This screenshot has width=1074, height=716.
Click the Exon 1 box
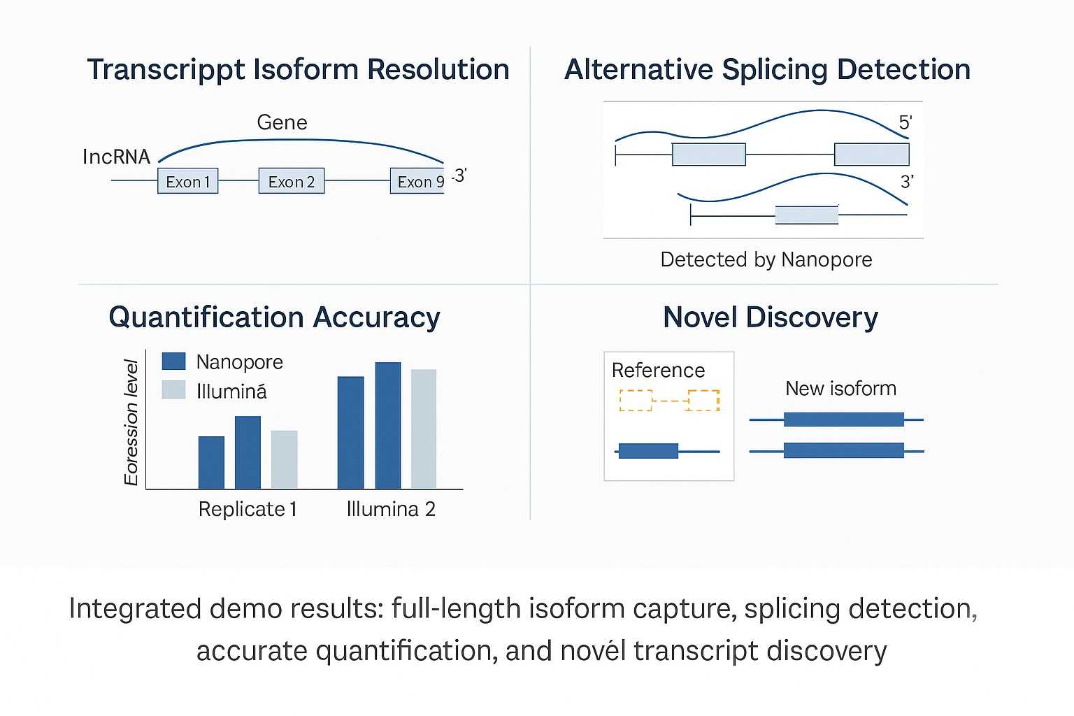pyautogui.click(x=187, y=181)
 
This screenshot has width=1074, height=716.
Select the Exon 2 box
pyautogui.click(x=291, y=181)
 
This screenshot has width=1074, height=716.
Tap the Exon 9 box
pyautogui.click(x=417, y=181)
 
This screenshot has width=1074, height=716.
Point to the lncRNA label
pyautogui.click(x=116, y=157)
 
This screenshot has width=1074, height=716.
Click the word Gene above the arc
pyautogui.click(x=282, y=122)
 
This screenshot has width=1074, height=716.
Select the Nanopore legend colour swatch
pyautogui.click(x=173, y=361)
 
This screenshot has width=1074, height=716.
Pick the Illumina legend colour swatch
pyautogui.click(x=173, y=389)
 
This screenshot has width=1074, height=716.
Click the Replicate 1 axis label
pyautogui.click(x=248, y=509)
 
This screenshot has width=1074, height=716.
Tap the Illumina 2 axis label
pyautogui.click(x=391, y=509)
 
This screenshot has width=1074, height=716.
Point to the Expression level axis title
pyautogui.click(x=131, y=422)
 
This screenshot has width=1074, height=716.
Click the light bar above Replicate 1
pyautogui.click(x=284, y=459)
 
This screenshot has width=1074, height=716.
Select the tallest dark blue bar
pyautogui.click(x=388, y=425)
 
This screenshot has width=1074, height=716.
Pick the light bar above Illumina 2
pyautogui.click(x=424, y=429)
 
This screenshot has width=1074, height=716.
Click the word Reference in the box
pyautogui.click(x=658, y=370)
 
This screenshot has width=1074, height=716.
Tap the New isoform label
pyautogui.click(x=840, y=388)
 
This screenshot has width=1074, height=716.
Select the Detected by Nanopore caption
pyautogui.click(x=766, y=259)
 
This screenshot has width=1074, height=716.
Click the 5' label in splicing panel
pyautogui.click(x=905, y=123)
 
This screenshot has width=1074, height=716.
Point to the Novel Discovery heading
pyautogui.click(x=770, y=317)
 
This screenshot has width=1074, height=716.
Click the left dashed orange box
pyautogui.click(x=636, y=400)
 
